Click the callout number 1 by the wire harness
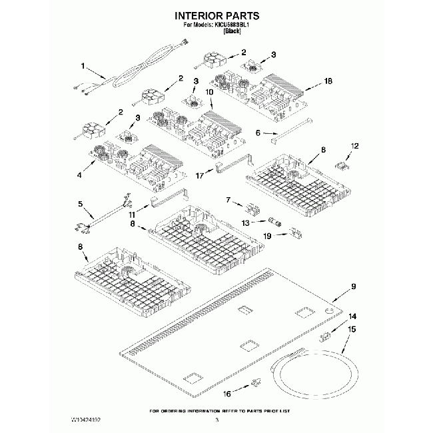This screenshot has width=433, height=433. point(83,66)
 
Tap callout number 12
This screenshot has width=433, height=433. point(354,145)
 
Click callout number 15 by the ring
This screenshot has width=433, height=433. point(352,329)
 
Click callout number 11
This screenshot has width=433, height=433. point(131,216)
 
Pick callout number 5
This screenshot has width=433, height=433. point(80,204)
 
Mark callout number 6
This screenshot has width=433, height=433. point(258,133)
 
